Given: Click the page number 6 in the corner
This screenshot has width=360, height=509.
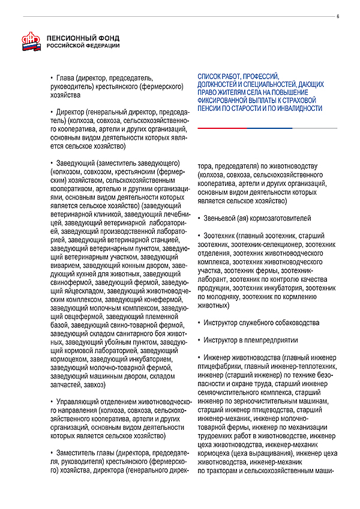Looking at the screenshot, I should point(338,16).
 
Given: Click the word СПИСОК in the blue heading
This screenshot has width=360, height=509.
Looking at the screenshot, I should point(211,77).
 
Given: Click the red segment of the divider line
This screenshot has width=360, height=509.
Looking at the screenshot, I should point(222,128).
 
